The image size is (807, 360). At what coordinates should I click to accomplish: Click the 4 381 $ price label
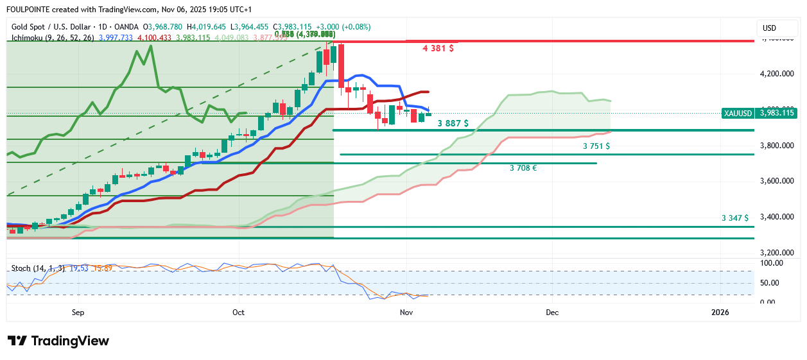[x=438, y=48]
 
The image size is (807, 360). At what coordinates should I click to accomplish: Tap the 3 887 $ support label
[x=453, y=123]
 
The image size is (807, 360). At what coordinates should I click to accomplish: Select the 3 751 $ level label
[x=596, y=146]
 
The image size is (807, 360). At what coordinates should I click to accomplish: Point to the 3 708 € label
[x=523, y=168]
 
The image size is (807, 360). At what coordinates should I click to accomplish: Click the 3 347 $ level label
[x=734, y=218]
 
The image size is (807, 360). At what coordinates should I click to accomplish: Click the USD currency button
[x=768, y=28]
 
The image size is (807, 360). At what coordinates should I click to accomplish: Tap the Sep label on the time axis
[x=78, y=313]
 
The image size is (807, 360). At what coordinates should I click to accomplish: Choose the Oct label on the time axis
[x=239, y=313]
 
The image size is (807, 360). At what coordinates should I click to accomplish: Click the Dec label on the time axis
[x=552, y=313]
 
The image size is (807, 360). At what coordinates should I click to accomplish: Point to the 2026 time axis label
[x=720, y=313]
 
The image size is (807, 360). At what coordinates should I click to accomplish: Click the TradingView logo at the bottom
[x=58, y=341]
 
